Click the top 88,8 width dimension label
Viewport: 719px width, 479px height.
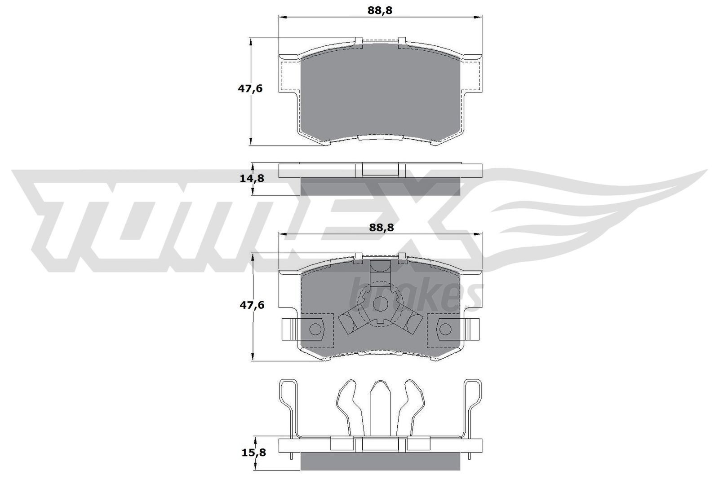[380, 10]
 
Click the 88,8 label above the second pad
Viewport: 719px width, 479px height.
[381, 228]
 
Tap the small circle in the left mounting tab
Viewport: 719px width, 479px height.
[315, 329]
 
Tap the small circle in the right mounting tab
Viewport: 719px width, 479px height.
[445, 329]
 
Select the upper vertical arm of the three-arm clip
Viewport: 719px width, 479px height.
[380, 272]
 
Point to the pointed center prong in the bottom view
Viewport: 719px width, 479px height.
[380, 404]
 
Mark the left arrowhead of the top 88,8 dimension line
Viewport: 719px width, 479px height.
[283, 17]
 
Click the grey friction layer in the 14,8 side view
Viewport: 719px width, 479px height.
[380, 186]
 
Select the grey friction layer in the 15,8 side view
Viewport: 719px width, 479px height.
[380, 461]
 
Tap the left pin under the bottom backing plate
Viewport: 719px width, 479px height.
[292, 456]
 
